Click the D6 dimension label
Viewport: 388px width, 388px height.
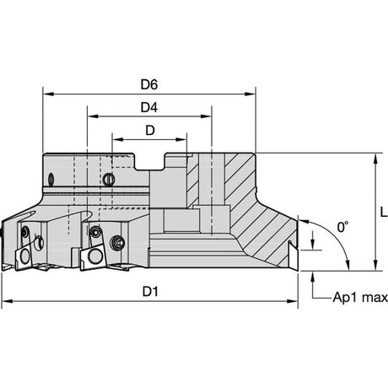coord(149,84)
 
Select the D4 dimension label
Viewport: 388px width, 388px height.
coord(149,107)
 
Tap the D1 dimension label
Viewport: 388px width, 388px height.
coord(150,292)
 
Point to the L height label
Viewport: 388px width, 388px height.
coord(384,212)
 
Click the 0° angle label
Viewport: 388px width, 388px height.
coord(342,227)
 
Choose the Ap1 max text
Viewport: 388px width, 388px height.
coord(360,297)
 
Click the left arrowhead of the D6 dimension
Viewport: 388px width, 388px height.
coord(48,94)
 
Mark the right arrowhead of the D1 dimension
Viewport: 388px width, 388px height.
coord(292,301)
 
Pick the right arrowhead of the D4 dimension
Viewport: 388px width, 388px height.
coord(206,116)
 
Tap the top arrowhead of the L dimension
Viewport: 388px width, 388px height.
coord(375,159)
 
